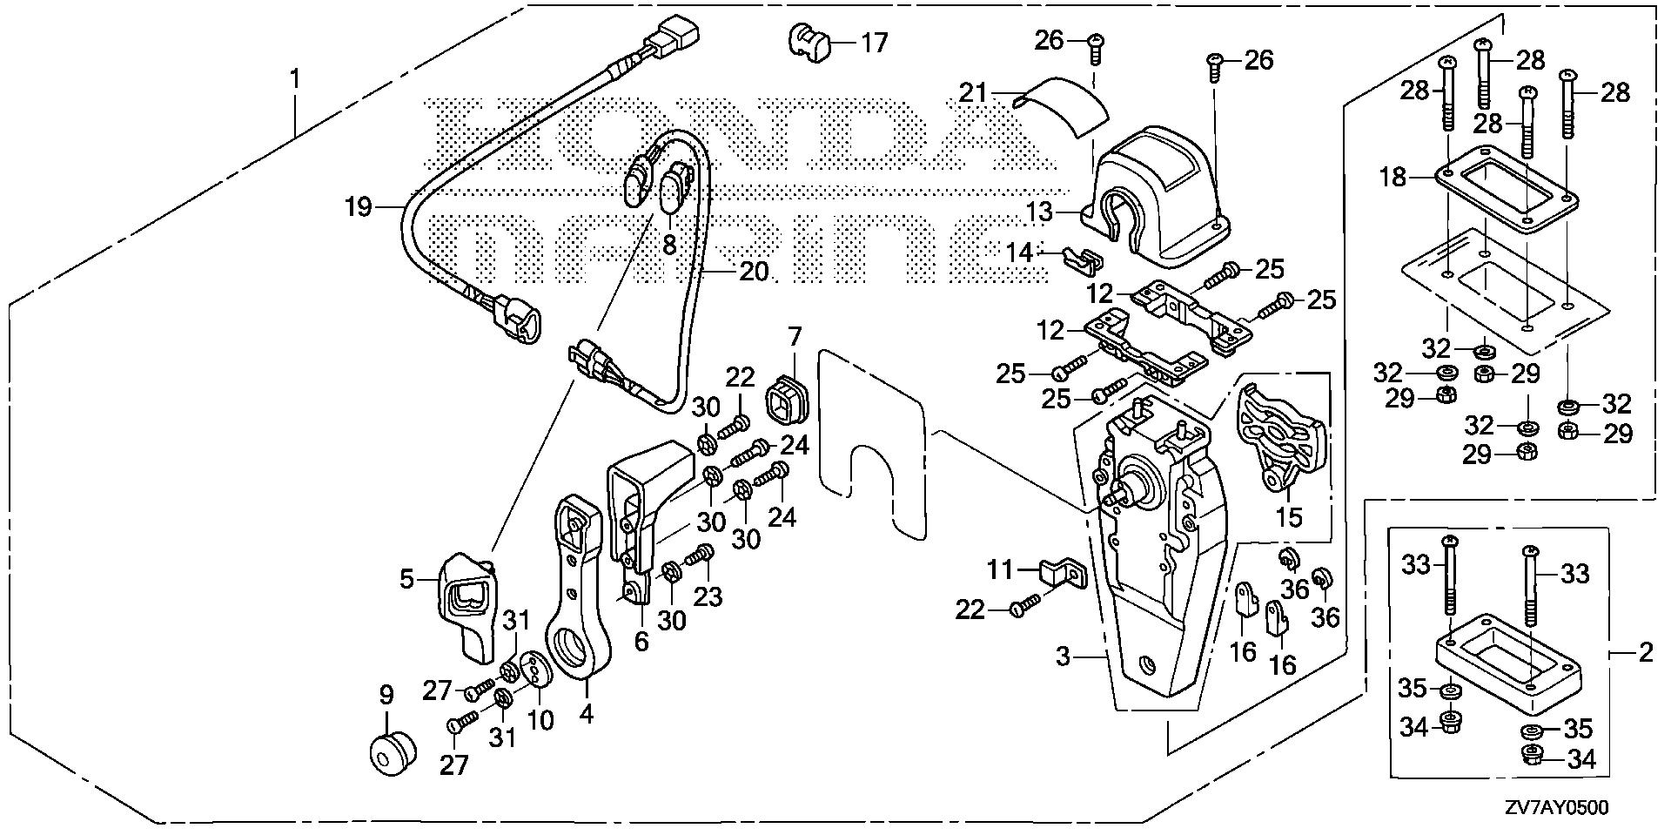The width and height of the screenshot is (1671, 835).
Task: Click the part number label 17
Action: (874, 42)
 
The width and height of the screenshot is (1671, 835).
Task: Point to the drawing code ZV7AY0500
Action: (1554, 807)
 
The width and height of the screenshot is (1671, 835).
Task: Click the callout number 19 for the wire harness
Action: (358, 207)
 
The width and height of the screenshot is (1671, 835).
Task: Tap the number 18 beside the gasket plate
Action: (1392, 178)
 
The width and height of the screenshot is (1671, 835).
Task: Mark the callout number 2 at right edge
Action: (1644, 651)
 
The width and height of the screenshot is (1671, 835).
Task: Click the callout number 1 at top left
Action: (295, 80)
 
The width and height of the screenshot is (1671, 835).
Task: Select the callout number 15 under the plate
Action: (1288, 516)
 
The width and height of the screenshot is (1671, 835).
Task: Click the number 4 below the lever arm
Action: (586, 715)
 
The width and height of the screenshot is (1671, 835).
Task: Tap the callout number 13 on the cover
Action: (1064, 212)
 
